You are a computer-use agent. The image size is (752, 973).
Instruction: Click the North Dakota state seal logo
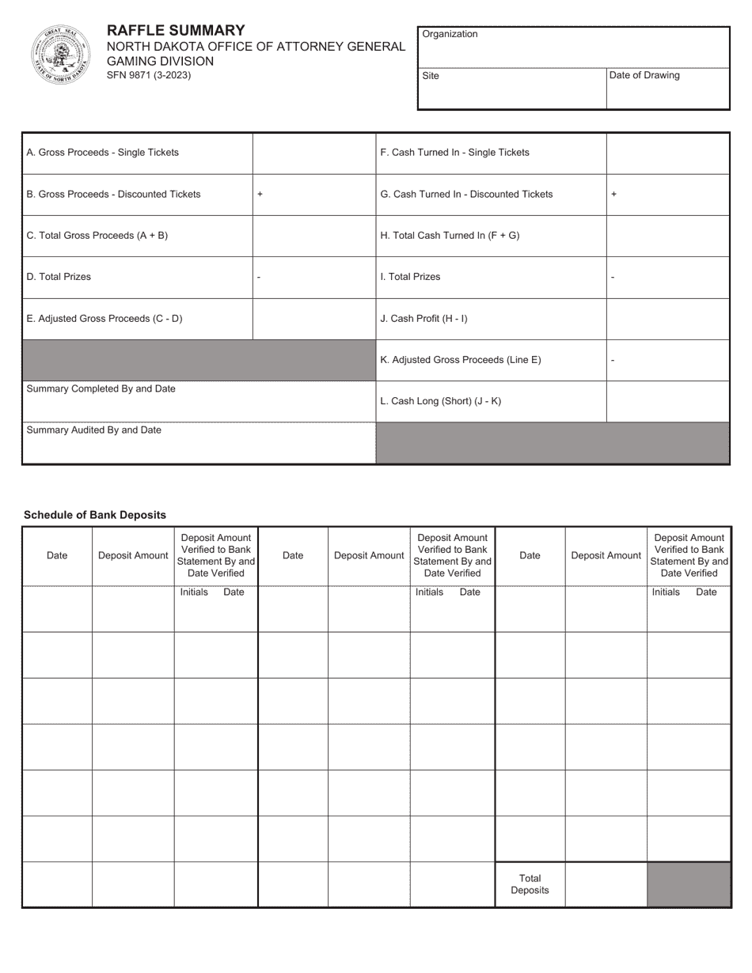point(61,54)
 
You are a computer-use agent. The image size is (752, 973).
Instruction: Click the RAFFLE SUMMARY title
point(176,31)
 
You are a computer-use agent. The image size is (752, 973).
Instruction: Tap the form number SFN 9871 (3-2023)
point(148,76)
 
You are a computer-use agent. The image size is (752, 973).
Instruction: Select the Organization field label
point(450,34)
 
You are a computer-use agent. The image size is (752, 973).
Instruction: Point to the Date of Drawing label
point(644,76)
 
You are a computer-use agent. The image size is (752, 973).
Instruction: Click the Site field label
point(431,76)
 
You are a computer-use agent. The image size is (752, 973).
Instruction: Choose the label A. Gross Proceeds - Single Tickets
point(103,153)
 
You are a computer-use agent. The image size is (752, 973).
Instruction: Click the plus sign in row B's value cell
point(260,195)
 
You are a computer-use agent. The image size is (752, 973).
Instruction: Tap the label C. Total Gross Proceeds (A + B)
point(97,236)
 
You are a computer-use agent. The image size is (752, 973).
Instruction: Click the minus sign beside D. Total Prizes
point(259,278)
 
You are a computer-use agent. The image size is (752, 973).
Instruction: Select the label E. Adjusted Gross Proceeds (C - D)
point(104,319)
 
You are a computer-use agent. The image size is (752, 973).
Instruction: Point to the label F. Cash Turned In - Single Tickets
point(454,153)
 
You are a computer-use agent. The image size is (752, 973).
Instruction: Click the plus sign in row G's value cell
point(613,195)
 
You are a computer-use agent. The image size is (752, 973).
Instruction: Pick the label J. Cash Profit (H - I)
point(423,319)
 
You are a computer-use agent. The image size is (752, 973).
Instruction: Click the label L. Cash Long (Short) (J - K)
point(440,401)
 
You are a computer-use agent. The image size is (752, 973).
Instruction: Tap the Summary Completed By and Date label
point(101,389)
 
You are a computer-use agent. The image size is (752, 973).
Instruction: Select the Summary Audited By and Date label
point(93,430)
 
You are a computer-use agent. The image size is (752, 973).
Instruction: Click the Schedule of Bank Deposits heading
point(95,515)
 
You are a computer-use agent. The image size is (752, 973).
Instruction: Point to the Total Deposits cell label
point(530,884)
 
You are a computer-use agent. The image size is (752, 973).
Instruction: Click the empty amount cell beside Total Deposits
point(606,884)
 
